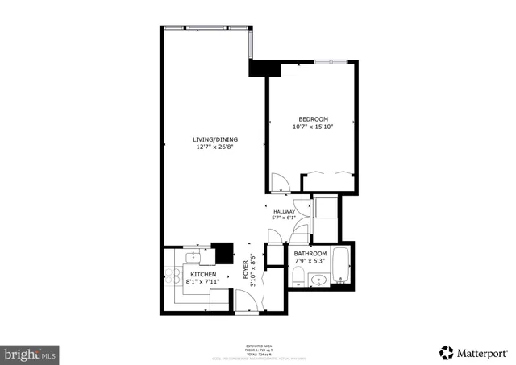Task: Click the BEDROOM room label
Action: pyautogui.click(x=313, y=119)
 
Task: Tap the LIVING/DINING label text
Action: pyautogui.click(x=214, y=139)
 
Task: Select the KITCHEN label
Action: pyautogui.click(x=202, y=275)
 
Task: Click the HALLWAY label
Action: pyautogui.click(x=285, y=211)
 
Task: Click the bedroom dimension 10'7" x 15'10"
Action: pyautogui.click(x=313, y=127)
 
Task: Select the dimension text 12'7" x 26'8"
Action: pyautogui.click(x=214, y=147)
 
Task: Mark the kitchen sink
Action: pyautogui.click(x=192, y=257)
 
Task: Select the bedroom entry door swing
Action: pyautogui.click(x=280, y=182)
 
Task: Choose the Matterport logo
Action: pyautogui.click(x=474, y=352)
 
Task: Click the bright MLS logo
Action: pyautogui.click(x=31, y=353)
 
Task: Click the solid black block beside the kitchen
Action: pyautogui.click(x=222, y=253)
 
